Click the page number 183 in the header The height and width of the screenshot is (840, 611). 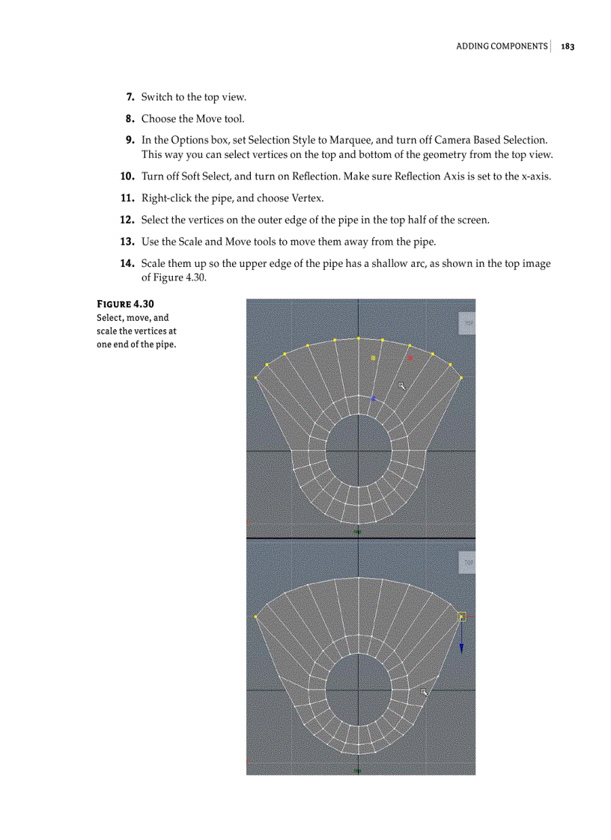tap(567, 46)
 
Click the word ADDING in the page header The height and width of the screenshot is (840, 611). tap(473, 46)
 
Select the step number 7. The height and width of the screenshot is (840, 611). tap(130, 97)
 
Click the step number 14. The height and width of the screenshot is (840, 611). tap(127, 263)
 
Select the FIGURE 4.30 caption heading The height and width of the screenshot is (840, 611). tap(125, 304)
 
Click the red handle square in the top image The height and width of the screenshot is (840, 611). tap(410, 358)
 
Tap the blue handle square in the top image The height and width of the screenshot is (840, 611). tap(373, 399)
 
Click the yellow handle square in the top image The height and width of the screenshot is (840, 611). tap(373, 358)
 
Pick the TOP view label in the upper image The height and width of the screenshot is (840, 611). tap(468, 323)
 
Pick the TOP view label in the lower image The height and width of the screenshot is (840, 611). tap(468, 562)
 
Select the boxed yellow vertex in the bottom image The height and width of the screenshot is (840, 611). tap(461, 617)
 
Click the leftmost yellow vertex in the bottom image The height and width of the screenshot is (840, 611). tap(256, 617)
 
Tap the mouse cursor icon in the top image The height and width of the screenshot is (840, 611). tap(401, 386)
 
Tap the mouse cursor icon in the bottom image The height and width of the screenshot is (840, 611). tap(424, 692)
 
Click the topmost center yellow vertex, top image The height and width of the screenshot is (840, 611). tap(359, 338)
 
